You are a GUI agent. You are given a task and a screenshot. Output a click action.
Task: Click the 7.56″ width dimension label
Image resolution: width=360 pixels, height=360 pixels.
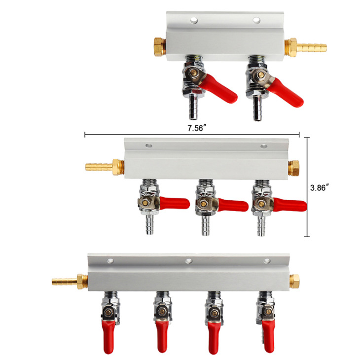click(x=196, y=128)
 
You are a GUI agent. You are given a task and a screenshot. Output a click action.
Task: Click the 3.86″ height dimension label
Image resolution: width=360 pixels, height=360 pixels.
click(x=318, y=187)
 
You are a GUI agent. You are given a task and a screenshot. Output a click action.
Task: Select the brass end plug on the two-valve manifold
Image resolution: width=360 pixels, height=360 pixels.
click(x=160, y=47)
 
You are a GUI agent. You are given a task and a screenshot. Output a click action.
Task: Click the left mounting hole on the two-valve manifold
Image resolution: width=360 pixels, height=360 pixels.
click(x=194, y=20)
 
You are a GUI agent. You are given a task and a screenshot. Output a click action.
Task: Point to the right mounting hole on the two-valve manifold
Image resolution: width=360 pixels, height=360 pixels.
click(x=256, y=20)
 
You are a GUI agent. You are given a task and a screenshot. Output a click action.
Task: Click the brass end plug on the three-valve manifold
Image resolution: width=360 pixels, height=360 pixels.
click(x=294, y=168)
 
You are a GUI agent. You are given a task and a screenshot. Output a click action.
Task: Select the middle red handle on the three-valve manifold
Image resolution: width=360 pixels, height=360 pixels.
click(x=233, y=205)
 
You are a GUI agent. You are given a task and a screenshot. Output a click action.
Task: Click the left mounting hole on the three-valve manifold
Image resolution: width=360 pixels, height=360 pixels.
click(x=148, y=145)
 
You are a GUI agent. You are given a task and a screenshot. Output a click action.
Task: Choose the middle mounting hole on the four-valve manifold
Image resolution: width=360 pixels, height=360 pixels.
click(x=189, y=261)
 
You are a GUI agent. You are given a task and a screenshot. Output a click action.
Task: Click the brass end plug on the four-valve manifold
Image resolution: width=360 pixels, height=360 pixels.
click(x=294, y=281)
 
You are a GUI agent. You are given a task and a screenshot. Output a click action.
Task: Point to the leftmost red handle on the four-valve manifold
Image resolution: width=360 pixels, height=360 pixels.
click(x=108, y=337)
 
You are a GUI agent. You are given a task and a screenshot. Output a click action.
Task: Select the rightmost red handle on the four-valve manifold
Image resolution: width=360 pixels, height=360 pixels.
click(x=268, y=336)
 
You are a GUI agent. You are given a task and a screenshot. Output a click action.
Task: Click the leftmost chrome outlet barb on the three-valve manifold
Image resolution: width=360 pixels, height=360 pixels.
click(x=149, y=224)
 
